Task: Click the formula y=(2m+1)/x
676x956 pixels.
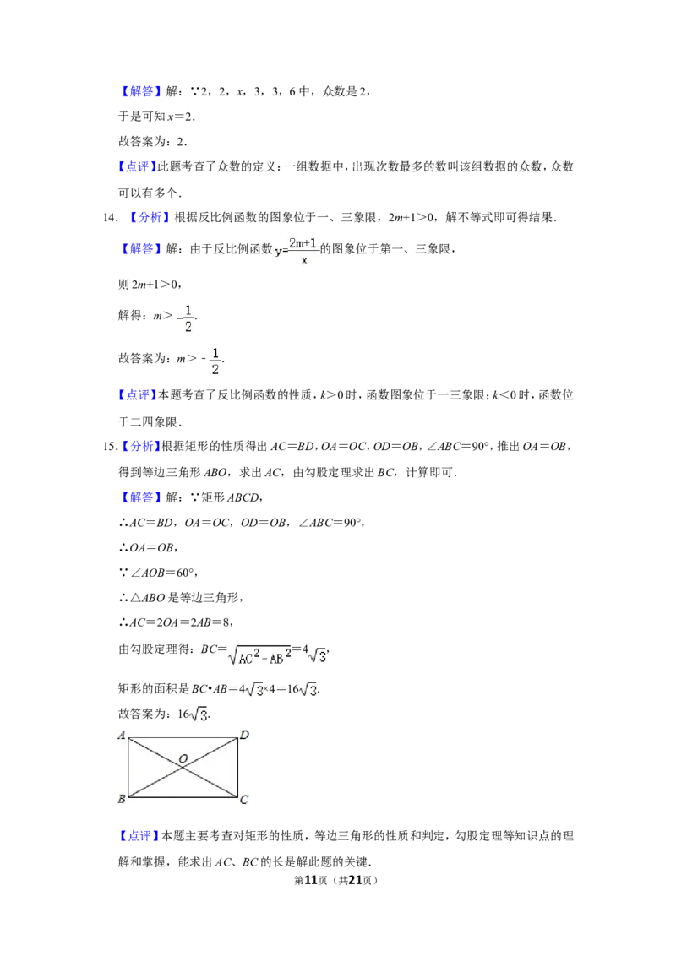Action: (x=297, y=250)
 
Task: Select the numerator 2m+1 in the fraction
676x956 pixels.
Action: (x=303, y=243)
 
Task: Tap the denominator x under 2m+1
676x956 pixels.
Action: (x=304, y=261)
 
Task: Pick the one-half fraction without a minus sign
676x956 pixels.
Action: (x=214, y=361)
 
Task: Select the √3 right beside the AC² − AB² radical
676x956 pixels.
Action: (x=317, y=655)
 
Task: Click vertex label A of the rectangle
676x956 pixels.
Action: (x=121, y=736)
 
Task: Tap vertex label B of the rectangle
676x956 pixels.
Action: (x=121, y=799)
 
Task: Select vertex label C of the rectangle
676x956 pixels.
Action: (x=244, y=800)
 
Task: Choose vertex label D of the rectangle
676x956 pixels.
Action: (x=244, y=736)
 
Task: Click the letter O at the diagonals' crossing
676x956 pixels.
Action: (x=183, y=759)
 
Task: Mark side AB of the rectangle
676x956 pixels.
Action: (x=128, y=767)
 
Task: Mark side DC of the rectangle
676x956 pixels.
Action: (x=237, y=767)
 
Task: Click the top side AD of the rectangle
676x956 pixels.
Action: (x=183, y=739)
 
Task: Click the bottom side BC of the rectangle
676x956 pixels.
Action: (x=183, y=796)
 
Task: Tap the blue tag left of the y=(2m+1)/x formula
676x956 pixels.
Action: (x=141, y=249)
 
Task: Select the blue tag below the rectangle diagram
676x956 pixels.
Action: (x=139, y=836)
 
